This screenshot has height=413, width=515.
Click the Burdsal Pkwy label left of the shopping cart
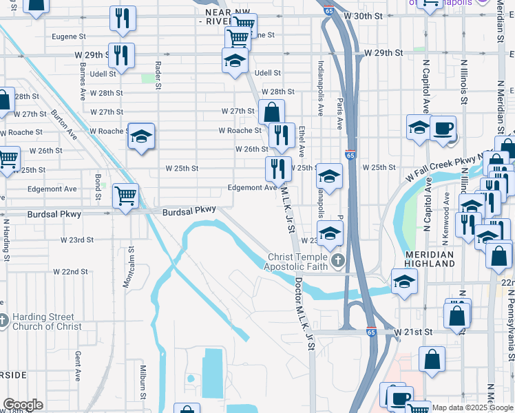(x=54, y=214)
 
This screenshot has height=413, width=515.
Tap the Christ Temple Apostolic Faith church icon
(x=337, y=260)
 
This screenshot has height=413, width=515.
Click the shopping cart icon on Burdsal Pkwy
(x=125, y=195)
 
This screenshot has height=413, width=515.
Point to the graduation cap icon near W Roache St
(x=140, y=135)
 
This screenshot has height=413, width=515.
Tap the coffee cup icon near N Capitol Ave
(x=443, y=128)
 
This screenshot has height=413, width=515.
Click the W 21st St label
(x=413, y=331)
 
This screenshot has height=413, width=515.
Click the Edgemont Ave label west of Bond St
(x=52, y=189)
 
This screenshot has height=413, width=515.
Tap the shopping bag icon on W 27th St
(x=271, y=112)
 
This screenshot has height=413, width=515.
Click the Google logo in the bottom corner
(x=22, y=405)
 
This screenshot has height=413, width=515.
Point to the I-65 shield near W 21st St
(x=370, y=331)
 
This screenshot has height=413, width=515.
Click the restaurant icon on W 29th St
(x=121, y=56)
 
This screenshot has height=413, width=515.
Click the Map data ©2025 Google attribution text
(x=472, y=407)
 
